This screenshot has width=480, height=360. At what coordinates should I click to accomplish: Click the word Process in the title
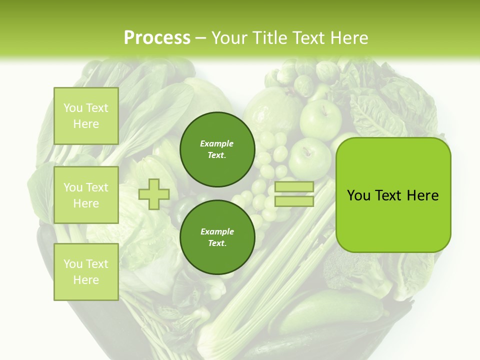(x=157, y=38)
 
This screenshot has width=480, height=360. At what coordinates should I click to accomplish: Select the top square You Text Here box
(x=86, y=116)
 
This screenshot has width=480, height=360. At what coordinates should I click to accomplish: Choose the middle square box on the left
(x=86, y=195)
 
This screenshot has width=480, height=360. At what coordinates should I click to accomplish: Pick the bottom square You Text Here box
(x=86, y=271)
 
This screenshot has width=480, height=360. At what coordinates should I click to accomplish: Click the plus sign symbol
(x=154, y=194)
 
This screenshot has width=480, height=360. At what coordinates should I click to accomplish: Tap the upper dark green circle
(x=217, y=149)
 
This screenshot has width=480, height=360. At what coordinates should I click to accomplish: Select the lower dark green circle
(x=217, y=237)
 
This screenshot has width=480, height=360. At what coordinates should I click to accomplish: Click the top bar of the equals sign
(x=294, y=187)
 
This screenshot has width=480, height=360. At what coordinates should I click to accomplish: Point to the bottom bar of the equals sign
(x=294, y=201)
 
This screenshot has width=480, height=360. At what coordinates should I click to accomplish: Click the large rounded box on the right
(x=393, y=195)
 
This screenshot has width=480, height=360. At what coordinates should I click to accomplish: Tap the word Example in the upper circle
(x=217, y=143)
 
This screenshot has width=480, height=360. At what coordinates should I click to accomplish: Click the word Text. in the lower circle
(x=217, y=243)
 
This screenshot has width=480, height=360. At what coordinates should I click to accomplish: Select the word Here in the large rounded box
(x=422, y=195)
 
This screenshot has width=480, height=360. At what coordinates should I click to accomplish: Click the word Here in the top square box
(x=86, y=124)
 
